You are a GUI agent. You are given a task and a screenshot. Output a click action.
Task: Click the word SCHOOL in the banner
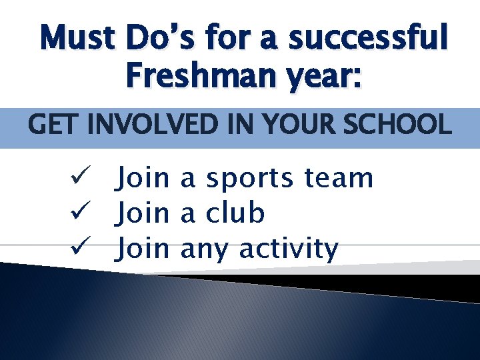(407, 124)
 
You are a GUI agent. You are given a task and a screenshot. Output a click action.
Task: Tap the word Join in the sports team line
(143, 179)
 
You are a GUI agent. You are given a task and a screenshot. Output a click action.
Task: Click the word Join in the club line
(143, 214)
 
